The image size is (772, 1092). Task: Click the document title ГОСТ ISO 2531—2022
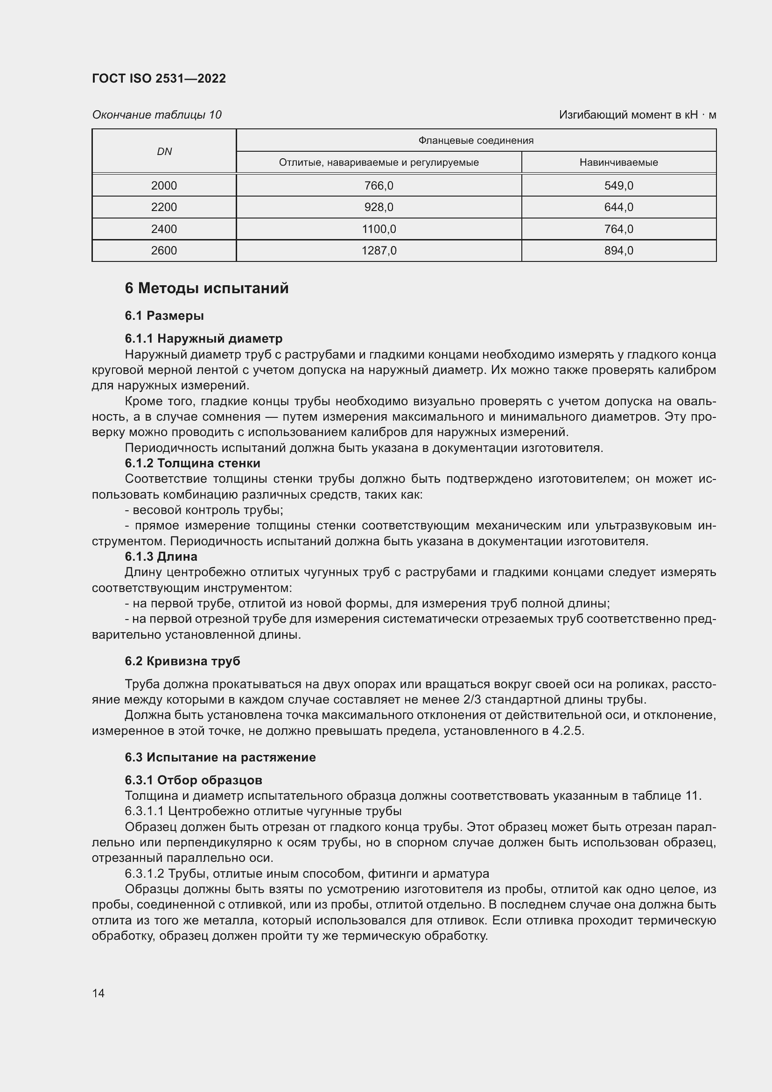click(159, 78)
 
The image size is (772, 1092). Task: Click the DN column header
click(164, 151)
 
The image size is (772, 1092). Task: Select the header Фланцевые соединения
click(476, 141)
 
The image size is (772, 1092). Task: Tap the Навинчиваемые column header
click(618, 162)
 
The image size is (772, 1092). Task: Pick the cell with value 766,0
click(379, 185)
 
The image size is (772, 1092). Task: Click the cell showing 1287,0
click(379, 250)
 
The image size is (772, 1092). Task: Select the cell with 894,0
click(618, 250)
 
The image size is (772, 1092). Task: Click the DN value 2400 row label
click(164, 229)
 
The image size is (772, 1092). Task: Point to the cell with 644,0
click(618, 207)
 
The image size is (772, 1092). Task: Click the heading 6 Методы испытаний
click(206, 288)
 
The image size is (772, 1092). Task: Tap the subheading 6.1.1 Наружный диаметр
click(204, 338)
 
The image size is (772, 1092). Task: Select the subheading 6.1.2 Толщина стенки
click(192, 463)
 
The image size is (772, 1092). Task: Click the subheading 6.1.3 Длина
click(161, 556)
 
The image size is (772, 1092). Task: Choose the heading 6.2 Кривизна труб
click(182, 661)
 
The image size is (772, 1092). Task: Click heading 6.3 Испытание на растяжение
click(220, 757)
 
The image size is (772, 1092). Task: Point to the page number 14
click(98, 993)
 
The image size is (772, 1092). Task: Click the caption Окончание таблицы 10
click(156, 115)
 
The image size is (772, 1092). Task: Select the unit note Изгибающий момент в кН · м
click(637, 115)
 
